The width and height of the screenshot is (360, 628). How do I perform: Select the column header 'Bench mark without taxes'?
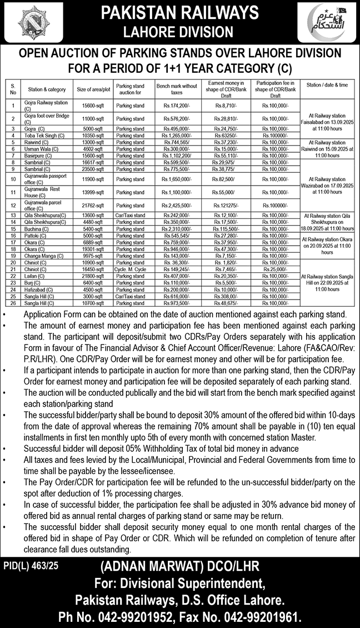click(x=177, y=88)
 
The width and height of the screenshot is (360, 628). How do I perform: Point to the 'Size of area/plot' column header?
click(x=94, y=89)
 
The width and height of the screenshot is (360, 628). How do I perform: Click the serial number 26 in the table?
click(x=12, y=303)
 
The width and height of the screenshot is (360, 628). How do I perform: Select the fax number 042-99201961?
click(x=264, y=616)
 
